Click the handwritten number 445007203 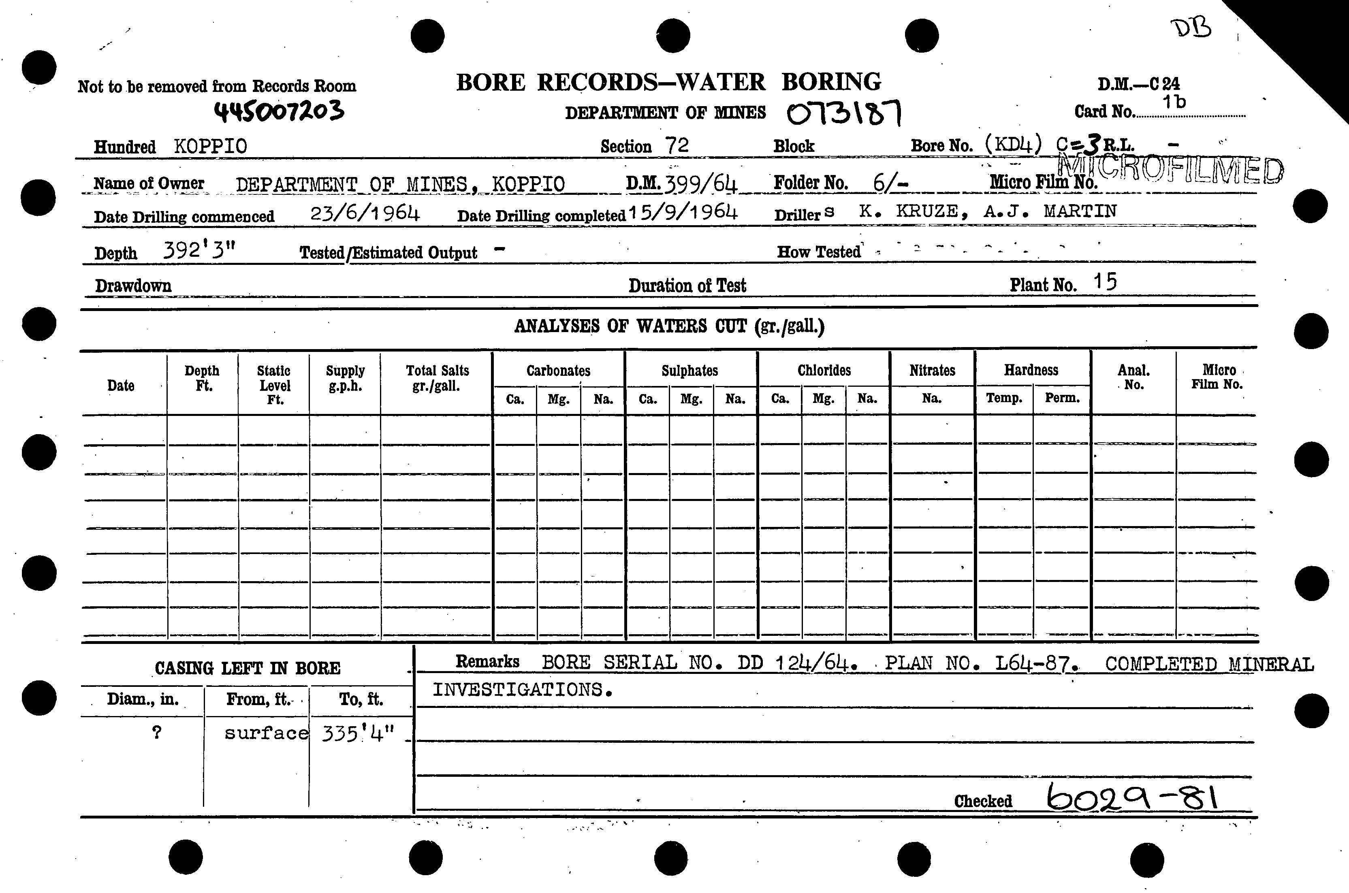pyautogui.click(x=279, y=111)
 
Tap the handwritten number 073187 pyautogui.click(x=844, y=112)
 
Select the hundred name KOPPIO pyautogui.click(x=210, y=147)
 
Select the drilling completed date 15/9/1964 pyautogui.click(x=683, y=213)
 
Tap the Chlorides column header pyautogui.click(x=824, y=371)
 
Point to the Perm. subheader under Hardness pyautogui.click(x=1062, y=398)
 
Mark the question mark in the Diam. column pyautogui.click(x=157, y=732)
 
